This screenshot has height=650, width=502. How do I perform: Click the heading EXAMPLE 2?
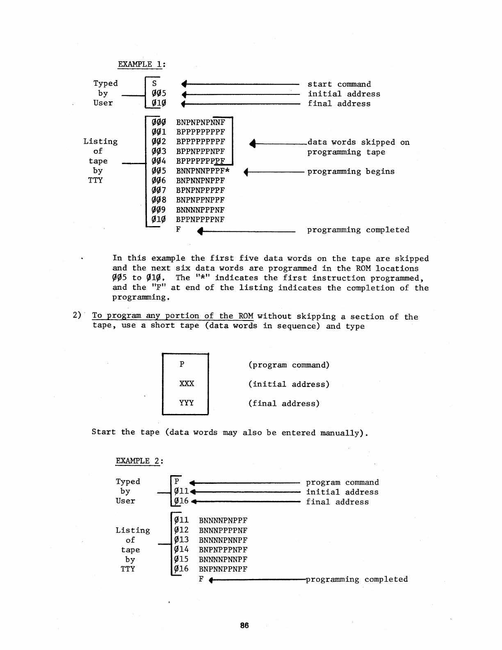click(x=139, y=461)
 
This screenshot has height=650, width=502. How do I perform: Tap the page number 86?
click(x=244, y=625)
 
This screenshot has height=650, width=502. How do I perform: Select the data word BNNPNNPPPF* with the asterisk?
click(x=203, y=171)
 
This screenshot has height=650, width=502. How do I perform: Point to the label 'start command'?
click(x=339, y=84)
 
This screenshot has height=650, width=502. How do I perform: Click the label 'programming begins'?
click(x=351, y=172)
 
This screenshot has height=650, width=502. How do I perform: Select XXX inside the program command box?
click(x=186, y=384)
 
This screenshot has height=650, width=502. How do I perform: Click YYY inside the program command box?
click(x=186, y=403)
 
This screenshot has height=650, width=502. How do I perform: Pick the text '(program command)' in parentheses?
click(x=289, y=365)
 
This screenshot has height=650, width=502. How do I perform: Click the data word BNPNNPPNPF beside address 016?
click(x=223, y=569)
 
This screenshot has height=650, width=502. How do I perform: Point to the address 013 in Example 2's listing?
click(x=181, y=540)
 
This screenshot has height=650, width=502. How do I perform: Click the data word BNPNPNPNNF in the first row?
click(x=200, y=122)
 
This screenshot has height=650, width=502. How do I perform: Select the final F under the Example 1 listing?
click(x=178, y=229)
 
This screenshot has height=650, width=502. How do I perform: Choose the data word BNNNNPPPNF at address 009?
click(x=200, y=210)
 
